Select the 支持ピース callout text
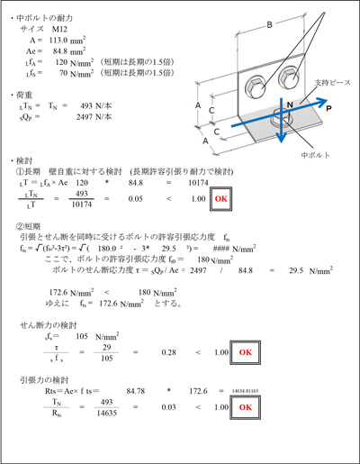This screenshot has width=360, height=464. point(320,82)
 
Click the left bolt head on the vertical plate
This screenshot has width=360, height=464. point(254,84)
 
